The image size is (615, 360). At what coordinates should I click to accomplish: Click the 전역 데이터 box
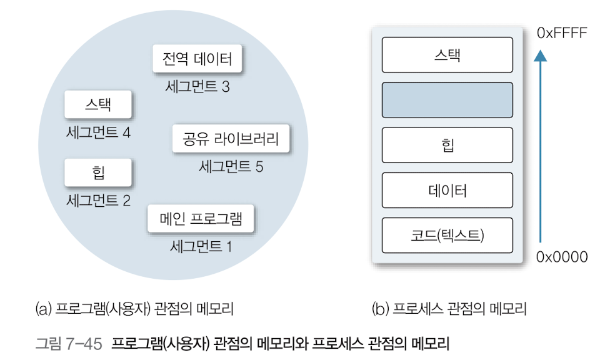(197, 59)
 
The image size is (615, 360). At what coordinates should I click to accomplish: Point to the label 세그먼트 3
(197, 87)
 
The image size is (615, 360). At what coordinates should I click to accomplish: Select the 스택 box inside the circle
(98, 104)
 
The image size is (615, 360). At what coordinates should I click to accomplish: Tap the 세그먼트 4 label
(98, 132)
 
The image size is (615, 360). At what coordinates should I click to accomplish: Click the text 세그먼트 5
(231, 167)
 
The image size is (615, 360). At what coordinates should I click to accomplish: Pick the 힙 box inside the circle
(98, 172)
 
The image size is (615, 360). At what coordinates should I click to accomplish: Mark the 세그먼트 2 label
(98, 201)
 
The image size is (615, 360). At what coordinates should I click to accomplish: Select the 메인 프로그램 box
(202, 219)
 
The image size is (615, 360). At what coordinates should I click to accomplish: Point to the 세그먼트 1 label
(201, 246)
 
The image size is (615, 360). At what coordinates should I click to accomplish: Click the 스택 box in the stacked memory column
(447, 54)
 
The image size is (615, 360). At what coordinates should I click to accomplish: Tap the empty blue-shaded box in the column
(447, 99)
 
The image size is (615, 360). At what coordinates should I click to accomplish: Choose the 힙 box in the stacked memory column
(447, 145)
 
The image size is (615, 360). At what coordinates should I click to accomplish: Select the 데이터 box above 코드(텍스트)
(447, 190)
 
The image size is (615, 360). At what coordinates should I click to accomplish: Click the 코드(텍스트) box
(447, 235)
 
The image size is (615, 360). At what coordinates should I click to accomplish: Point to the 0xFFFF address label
(562, 33)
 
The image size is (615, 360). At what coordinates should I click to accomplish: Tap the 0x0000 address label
(562, 257)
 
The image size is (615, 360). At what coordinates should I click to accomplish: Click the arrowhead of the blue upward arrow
(541, 55)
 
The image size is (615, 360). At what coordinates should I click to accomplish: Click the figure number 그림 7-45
(68, 343)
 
